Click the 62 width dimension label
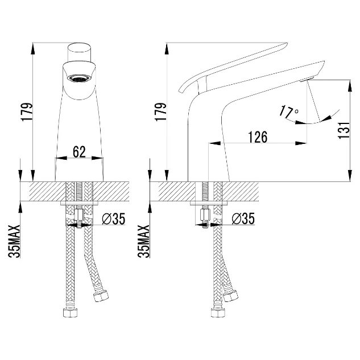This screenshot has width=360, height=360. click(x=79, y=151)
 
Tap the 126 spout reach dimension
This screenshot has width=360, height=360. click(x=258, y=137)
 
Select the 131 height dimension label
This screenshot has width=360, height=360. click(x=344, y=130)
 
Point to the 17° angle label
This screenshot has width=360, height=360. click(x=289, y=112)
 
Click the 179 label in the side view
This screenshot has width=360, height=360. click(x=161, y=112)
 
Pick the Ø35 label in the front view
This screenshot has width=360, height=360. click(x=114, y=218)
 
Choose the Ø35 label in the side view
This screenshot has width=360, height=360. click(x=243, y=218)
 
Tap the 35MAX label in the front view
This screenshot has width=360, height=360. click(x=14, y=241)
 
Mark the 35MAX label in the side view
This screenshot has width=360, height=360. click(x=144, y=241)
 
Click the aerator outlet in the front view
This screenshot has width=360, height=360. click(x=79, y=78)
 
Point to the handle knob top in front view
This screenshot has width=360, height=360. click(x=80, y=52)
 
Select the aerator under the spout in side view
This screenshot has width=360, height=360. click(x=307, y=80)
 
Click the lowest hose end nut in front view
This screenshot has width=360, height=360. click(x=71, y=312)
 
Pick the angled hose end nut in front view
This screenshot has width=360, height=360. click(x=101, y=296)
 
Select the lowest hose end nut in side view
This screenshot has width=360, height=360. click(x=218, y=312)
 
